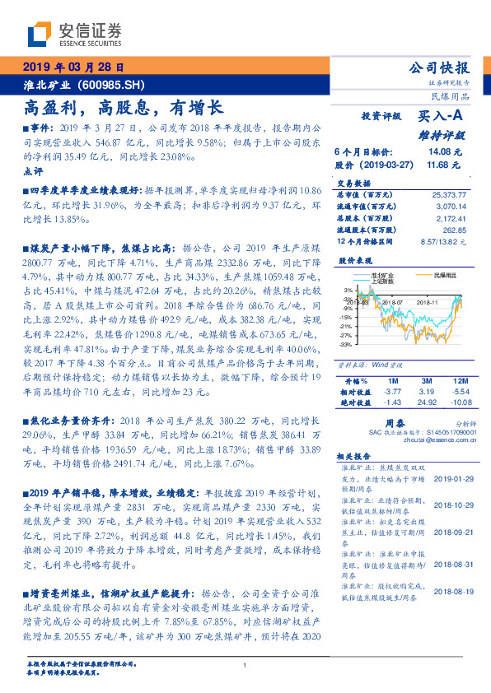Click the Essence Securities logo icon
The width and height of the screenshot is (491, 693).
click(39, 34)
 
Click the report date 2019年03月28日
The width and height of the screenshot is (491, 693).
click(73, 67)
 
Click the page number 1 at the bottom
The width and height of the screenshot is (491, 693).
click(245, 666)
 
